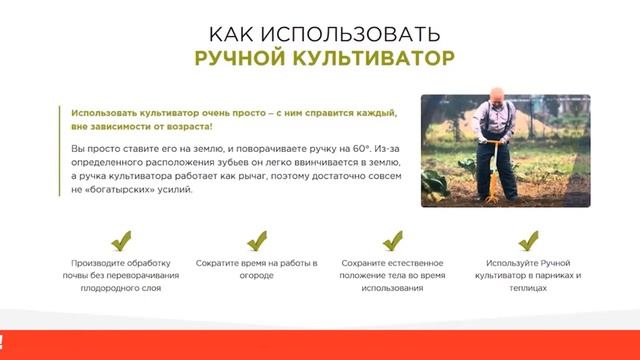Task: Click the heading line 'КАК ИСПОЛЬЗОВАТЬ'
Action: coord(320,28)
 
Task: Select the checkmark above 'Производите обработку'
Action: coord(121,241)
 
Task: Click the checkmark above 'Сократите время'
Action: coord(256,241)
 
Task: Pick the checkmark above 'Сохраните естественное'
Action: coord(393,241)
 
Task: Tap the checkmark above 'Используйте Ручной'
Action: coord(529,241)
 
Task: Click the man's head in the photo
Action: coord(498,111)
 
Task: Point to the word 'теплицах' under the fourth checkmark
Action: coord(529,288)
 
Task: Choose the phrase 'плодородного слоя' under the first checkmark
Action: coord(121,288)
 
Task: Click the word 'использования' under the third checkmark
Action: coord(393,288)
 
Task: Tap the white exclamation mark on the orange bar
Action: coord(2,340)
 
